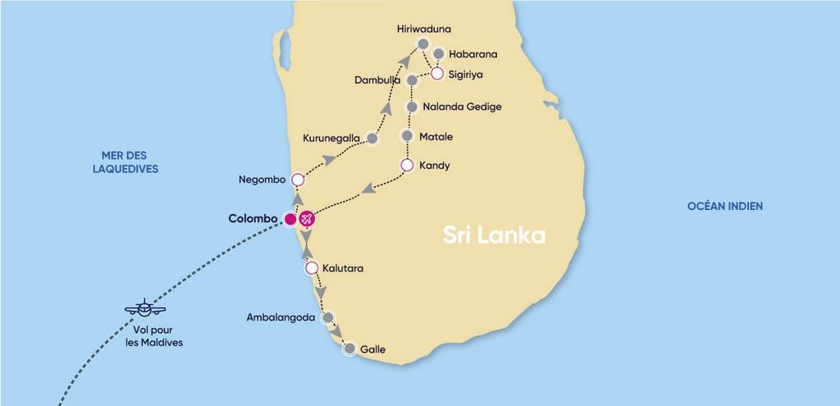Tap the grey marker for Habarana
point(438,54)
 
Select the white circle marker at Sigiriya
point(437,74)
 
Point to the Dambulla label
point(378,80)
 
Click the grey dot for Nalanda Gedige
point(413,107)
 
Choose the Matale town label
point(436,136)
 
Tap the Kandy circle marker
point(406,166)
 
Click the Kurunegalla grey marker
point(372,139)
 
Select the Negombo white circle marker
point(298,180)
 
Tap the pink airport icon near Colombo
point(307,219)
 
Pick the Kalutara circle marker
point(312,268)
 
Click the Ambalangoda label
point(281,317)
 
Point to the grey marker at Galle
point(349,349)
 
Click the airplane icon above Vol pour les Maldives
point(145,309)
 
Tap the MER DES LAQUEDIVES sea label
point(130,162)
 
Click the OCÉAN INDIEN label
point(725,207)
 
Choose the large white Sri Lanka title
point(494,235)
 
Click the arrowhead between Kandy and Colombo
point(368,189)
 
